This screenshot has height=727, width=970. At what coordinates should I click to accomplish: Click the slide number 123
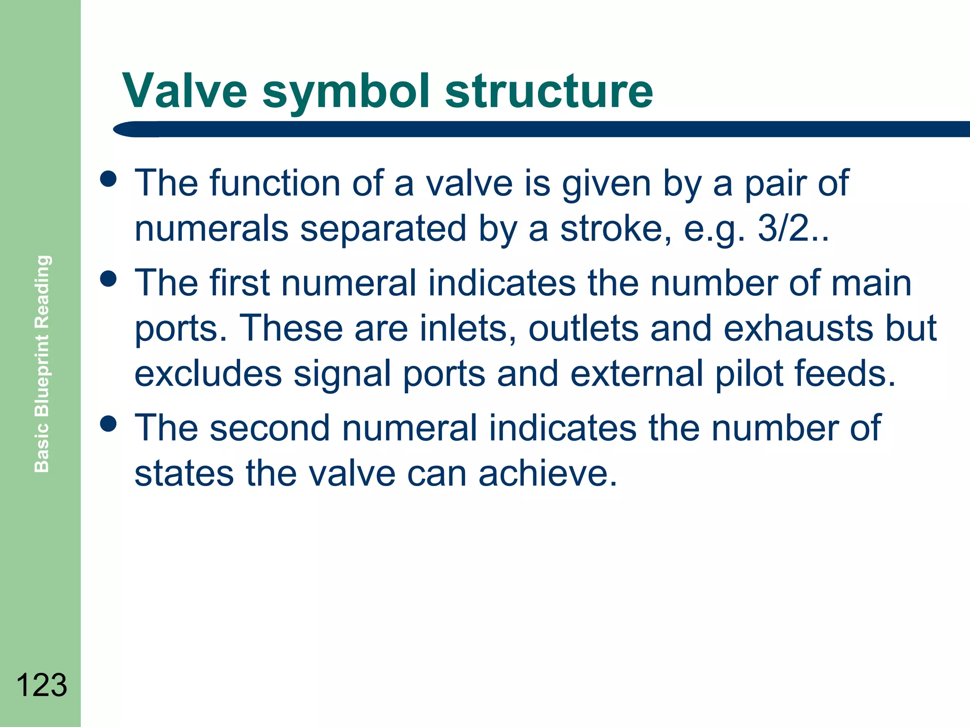coord(42,685)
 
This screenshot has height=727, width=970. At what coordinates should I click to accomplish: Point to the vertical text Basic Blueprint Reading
coord(42,363)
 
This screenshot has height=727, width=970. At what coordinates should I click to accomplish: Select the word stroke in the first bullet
coord(615,229)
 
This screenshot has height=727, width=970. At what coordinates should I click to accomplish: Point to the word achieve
coord(548,473)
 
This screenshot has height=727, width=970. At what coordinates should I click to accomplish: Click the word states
coord(184,473)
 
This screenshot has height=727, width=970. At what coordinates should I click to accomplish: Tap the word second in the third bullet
coord(269,427)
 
